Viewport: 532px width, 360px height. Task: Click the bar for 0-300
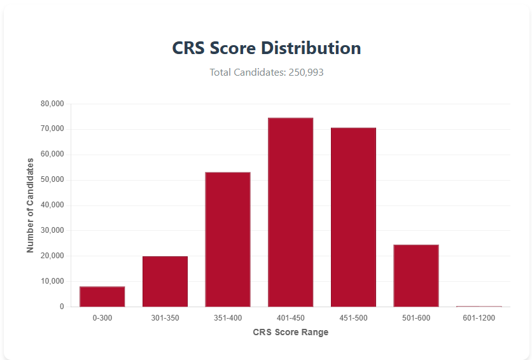pyautogui.click(x=102, y=296)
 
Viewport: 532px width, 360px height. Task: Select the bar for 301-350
pyautogui.click(x=165, y=281)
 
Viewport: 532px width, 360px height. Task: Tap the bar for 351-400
pyautogui.click(x=227, y=239)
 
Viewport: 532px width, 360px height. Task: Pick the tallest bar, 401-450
pyautogui.click(x=290, y=212)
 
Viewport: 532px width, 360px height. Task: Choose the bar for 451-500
pyautogui.click(x=353, y=217)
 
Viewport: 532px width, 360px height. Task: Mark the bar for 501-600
pyautogui.click(x=416, y=275)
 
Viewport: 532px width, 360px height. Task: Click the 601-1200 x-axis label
pyautogui.click(x=479, y=317)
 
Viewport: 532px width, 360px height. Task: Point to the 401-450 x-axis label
pyautogui.click(x=290, y=317)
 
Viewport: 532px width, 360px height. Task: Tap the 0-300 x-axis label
pyautogui.click(x=102, y=317)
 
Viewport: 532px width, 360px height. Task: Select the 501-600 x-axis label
pyautogui.click(x=416, y=317)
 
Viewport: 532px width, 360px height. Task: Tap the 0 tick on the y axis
pyautogui.click(x=62, y=307)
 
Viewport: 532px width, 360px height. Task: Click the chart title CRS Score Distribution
pyautogui.click(x=267, y=48)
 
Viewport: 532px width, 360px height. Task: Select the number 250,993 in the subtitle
pyautogui.click(x=306, y=73)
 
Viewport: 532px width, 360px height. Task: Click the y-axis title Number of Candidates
pyautogui.click(x=31, y=205)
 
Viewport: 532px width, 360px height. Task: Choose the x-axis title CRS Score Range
pyautogui.click(x=290, y=332)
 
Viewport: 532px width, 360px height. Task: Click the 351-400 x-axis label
pyautogui.click(x=227, y=317)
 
